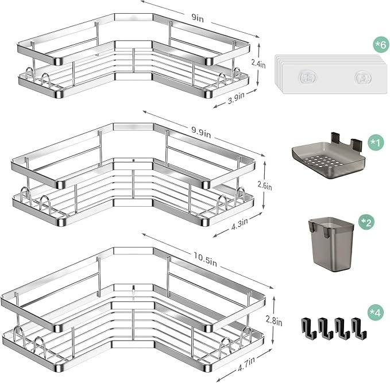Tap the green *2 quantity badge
coord(365,222)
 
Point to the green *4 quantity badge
coord(375,312)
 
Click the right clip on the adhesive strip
coord(363,76)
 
